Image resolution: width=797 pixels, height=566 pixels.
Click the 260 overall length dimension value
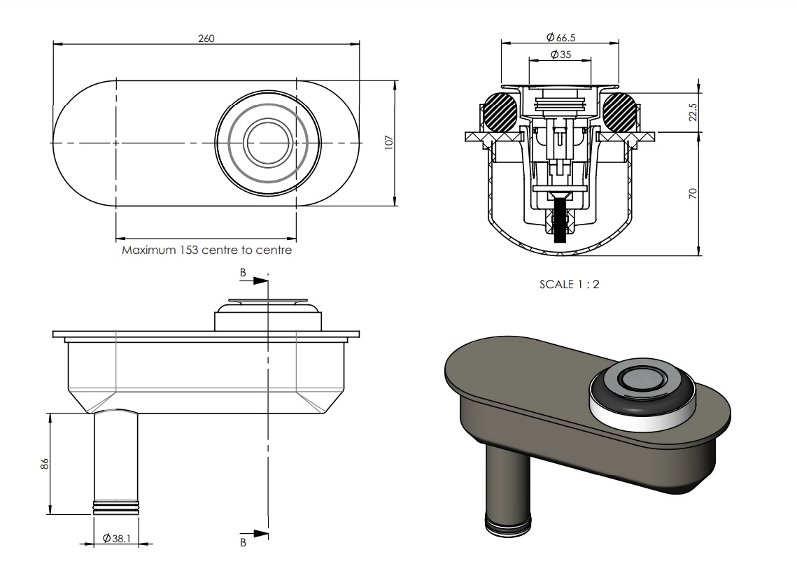click(x=206, y=38)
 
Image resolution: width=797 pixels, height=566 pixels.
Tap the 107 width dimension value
click(x=389, y=142)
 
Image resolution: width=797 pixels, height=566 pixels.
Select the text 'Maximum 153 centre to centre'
click(x=207, y=250)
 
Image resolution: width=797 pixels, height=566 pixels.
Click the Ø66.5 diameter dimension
click(x=560, y=37)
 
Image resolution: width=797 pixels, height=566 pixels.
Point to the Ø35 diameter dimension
click(x=560, y=55)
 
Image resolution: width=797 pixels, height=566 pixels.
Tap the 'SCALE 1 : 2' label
click(x=570, y=285)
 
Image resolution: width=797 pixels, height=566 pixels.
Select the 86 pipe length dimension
click(x=45, y=463)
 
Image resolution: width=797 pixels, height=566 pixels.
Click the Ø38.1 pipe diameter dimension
click(x=117, y=538)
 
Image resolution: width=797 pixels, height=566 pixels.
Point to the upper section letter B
click(x=243, y=273)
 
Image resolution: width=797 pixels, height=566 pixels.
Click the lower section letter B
click(x=243, y=543)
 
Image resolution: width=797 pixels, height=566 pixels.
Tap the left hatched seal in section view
click(x=500, y=112)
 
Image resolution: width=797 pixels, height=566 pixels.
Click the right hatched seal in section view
click(x=619, y=112)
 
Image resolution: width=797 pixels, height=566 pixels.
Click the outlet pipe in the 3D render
click(x=507, y=488)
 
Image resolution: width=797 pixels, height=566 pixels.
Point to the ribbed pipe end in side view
click(x=115, y=507)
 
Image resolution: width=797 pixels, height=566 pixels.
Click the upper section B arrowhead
click(x=260, y=281)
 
